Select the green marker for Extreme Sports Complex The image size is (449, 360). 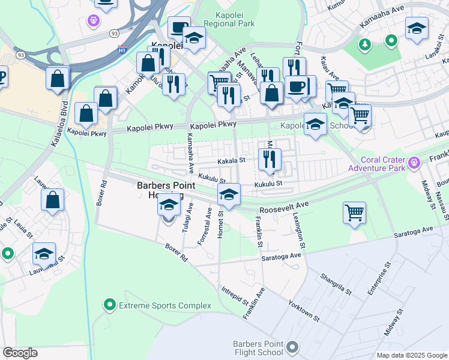[x=109, y=305]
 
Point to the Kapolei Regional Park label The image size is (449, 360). [x=229, y=19]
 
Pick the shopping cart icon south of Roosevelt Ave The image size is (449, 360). [x=355, y=212]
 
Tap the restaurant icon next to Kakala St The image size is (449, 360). [x=270, y=159]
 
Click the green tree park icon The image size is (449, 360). [x=364, y=44]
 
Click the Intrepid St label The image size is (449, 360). [x=234, y=295]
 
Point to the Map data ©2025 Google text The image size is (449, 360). [x=411, y=355]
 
